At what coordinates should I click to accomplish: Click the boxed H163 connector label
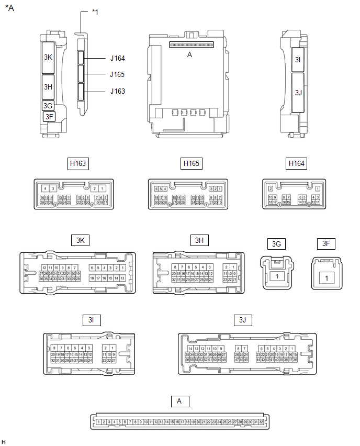point(78,164)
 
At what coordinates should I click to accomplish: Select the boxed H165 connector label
point(191,164)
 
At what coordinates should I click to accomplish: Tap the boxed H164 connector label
point(297,164)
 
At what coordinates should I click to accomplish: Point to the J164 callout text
point(118,59)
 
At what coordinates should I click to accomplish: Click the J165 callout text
point(118,74)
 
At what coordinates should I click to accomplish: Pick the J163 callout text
point(118,91)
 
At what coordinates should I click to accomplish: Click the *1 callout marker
point(95,12)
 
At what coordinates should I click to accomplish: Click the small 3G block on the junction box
point(48,105)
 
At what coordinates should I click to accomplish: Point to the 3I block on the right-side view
point(297,60)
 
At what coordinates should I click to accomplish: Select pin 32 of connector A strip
point(261,421)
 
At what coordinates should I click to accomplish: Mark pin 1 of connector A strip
point(99,421)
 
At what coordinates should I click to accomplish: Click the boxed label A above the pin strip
point(179,402)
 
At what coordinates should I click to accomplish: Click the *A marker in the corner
point(9,8)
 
